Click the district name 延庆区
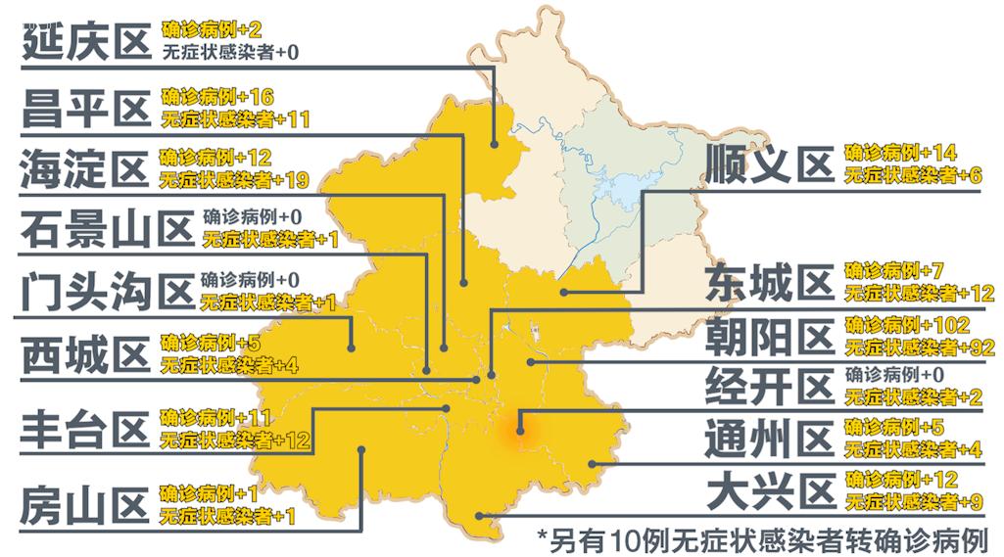(85, 42)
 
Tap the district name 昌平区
(85, 108)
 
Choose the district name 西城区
(85, 354)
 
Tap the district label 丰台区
(85, 431)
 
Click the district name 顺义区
(769, 163)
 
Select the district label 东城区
(769, 282)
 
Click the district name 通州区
(769, 439)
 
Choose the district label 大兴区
(769, 491)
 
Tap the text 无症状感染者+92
(918, 347)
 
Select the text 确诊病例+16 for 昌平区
(217, 96)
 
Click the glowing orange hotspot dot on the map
(520, 428)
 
